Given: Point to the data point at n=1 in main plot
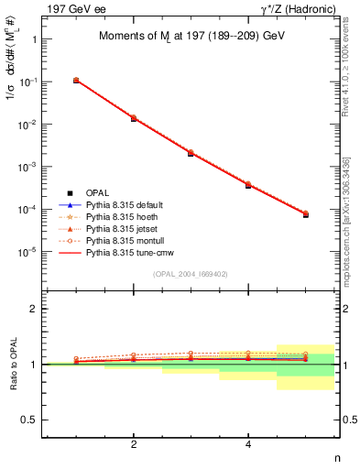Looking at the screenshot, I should [76, 81].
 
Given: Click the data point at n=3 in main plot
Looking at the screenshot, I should [191, 153].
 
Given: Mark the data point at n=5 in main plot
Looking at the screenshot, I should [306, 214].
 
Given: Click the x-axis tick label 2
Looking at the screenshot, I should [134, 445].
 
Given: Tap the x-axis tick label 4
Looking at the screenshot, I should [249, 445].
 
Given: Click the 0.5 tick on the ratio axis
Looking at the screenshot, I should [31, 420].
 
